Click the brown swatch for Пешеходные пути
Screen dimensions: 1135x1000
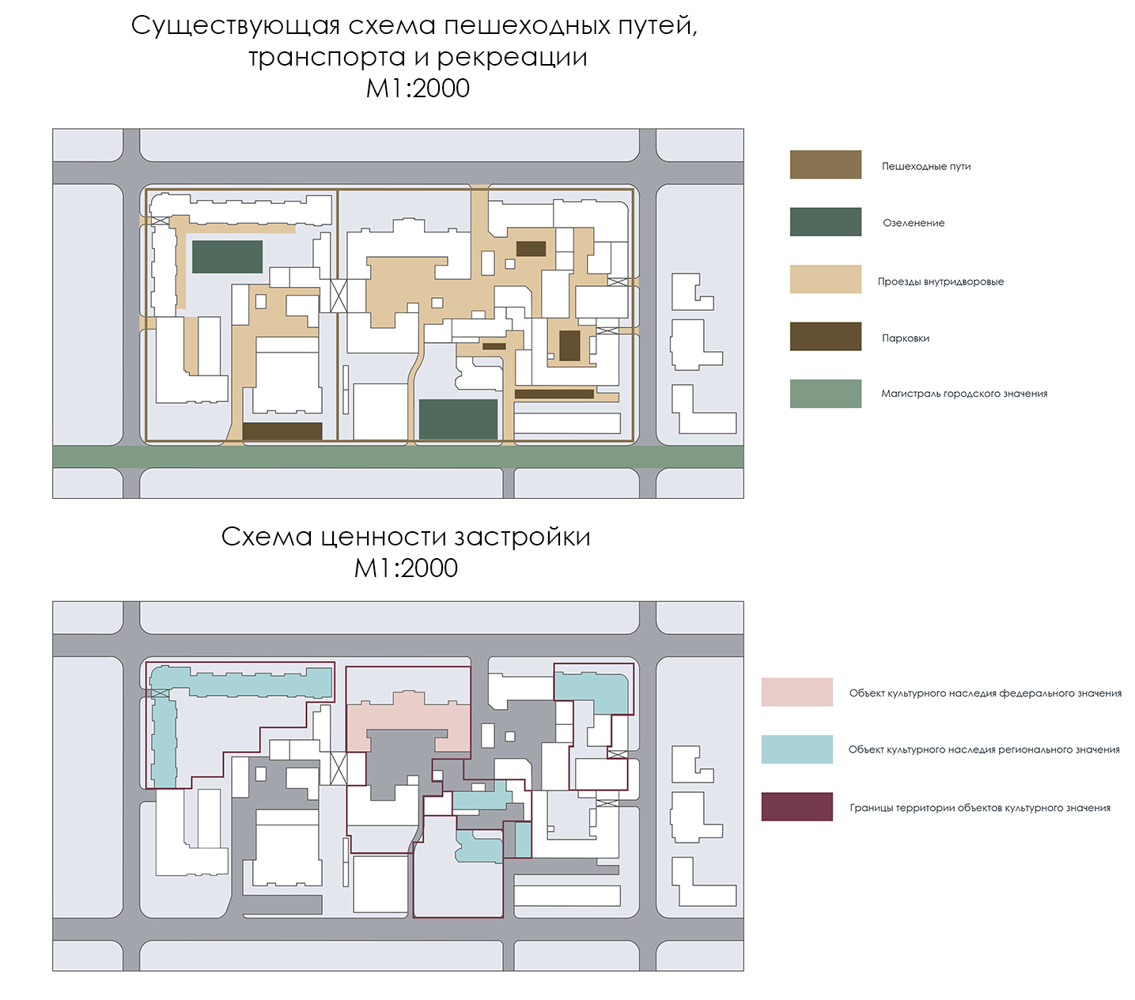tap(825, 164)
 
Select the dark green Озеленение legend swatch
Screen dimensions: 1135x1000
tap(825, 221)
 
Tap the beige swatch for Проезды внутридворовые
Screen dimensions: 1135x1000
tap(825, 279)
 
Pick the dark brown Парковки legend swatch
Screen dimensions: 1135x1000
tap(825, 336)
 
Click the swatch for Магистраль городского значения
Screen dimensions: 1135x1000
tap(825, 394)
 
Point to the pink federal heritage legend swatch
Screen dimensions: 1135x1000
tap(796, 692)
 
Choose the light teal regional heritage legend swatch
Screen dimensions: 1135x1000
tap(796, 749)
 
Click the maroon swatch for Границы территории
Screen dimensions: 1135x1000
tap(796, 807)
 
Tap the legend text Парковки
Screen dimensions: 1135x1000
tap(906, 338)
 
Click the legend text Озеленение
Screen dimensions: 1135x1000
tap(914, 223)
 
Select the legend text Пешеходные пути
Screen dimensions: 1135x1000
tap(926, 166)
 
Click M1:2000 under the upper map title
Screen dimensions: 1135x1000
tap(418, 88)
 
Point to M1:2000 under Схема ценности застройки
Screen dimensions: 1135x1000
tap(406, 568)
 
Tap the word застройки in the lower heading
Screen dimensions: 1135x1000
tap(522, 537)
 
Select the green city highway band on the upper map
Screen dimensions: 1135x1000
tap(398, 456)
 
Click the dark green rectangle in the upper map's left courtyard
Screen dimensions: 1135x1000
tap(227, 257)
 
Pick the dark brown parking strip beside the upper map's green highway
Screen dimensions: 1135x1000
tap(282, 431)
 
